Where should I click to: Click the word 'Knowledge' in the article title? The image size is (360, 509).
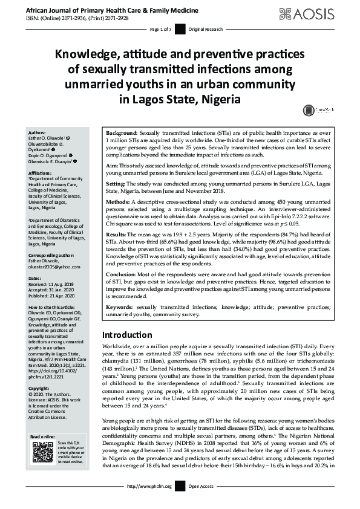[91, 54]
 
